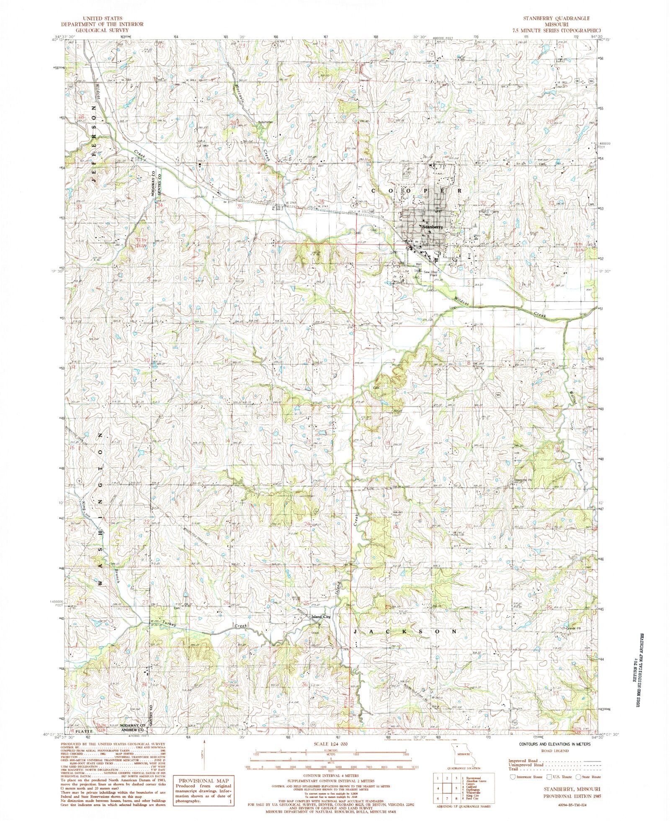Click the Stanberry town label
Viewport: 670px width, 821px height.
coord(432,227)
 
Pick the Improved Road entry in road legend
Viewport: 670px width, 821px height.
coord(523,760)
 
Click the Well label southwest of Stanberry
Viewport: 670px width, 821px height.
coord(418,264)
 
